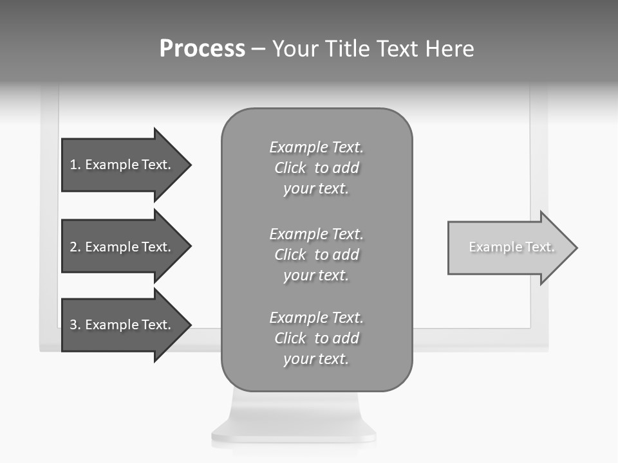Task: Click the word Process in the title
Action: pos(202,49)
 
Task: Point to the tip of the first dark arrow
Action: pos(190,165)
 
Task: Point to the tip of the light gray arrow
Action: pos(576,248)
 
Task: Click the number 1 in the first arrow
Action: pos(73,165)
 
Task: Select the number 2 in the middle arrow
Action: pos(73,247)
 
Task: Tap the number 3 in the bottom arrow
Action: pos(73,325)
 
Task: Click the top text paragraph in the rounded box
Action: pos(316,168)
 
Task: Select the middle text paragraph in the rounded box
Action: pos(316,255)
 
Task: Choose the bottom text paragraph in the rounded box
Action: pos(316,338)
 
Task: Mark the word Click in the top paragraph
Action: pos(290,168)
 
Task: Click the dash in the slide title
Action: pos(258,49)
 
